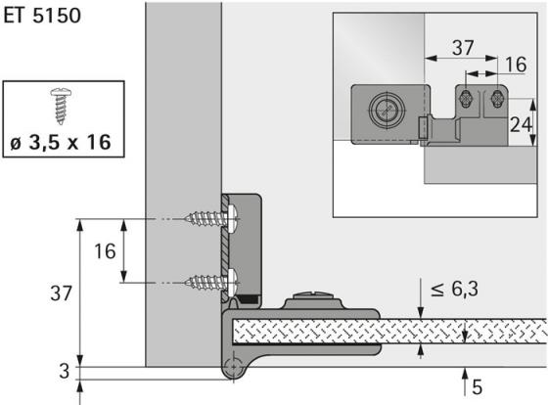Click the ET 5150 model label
(42, 16)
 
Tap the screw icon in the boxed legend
(61, 106)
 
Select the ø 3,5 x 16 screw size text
(61, 142)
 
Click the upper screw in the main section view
(212, 218)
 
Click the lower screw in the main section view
(212, 283)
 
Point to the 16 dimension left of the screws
(105, 251)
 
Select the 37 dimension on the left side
(61, 293)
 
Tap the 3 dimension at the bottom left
(65, 372)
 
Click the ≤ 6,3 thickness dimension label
(454, 290)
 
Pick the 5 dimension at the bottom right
(478, 387)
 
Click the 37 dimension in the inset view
(463, 48)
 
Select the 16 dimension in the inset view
(516, 65)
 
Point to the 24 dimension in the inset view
(521, 124)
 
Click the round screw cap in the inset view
(388, 111)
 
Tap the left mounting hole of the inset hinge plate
(466, 99)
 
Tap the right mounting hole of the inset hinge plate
(497, 99)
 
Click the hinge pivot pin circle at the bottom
(233, 367)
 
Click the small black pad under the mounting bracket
(247, 299)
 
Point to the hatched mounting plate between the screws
(225, 248)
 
